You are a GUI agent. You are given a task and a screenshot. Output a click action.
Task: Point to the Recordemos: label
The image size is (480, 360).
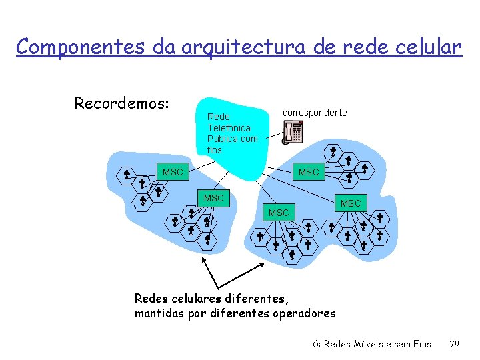[x=122, y=103]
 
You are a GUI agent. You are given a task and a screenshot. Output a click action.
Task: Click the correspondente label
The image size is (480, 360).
[x=315, y=113]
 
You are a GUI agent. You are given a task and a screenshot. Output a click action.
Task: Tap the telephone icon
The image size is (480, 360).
[x=291, y=133]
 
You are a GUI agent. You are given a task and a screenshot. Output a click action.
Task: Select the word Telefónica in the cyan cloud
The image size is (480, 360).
[x=229, y=127]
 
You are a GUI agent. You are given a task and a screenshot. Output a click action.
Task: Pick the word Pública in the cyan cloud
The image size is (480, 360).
[x=222, y=139]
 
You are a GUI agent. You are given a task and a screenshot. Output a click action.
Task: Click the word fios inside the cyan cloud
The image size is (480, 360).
[x=215, y=150]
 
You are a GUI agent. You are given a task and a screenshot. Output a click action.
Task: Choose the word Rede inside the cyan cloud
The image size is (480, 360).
[x=218, y=116]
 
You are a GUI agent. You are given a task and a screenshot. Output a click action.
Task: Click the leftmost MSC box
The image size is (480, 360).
[x=173, y=172]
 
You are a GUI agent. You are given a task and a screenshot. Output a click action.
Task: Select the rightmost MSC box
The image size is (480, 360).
[x=351, y=203]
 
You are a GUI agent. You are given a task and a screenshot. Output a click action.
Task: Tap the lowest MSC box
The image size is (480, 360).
[x=278, y=213]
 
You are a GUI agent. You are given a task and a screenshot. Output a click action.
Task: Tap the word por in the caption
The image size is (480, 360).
[x=197, y=313]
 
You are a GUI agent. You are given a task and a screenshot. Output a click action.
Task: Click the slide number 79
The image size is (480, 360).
[x=455, y=344]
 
